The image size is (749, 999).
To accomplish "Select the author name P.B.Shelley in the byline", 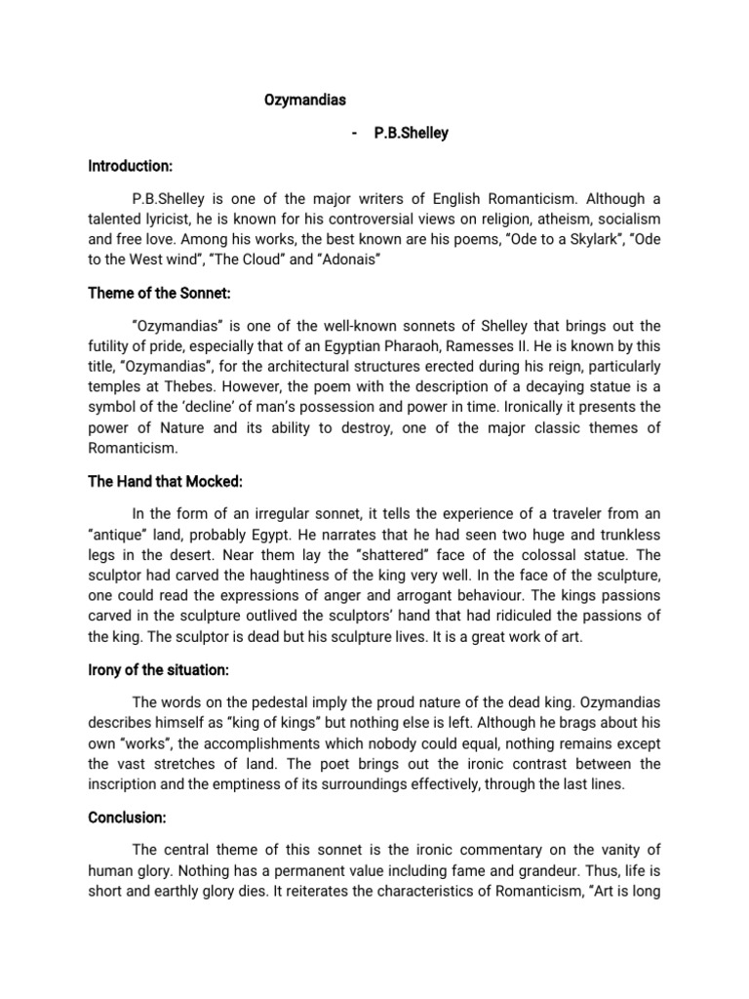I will pyautogui.click(x=411, y=133).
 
